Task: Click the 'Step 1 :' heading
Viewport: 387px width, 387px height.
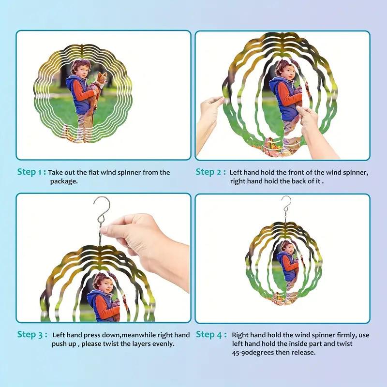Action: pos(31,172)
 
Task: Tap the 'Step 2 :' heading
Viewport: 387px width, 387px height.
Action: pos(211,172)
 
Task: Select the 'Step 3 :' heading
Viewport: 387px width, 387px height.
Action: pos(32,335)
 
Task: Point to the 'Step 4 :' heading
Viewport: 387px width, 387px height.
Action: pos(211,335)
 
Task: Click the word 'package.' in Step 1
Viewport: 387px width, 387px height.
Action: pos(64,181)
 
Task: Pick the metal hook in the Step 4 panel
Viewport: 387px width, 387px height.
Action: pos(286,205)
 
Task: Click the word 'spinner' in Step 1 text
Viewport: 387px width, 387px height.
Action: pos(129,173)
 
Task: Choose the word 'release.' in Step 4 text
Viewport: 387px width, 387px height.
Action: pos(303,352)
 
